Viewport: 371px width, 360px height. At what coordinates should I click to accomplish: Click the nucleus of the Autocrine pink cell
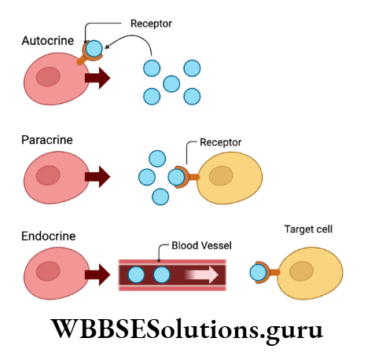(49, 77)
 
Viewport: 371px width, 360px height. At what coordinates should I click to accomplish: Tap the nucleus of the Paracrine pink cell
(50, 176)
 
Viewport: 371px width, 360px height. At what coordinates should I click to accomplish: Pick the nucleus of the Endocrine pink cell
(50, 273)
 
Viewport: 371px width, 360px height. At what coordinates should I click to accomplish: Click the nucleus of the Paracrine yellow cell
(220, 176)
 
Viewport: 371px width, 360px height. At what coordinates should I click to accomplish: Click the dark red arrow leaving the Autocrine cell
(97, 78)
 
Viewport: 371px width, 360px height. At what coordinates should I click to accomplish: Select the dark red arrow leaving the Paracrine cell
(97, 177)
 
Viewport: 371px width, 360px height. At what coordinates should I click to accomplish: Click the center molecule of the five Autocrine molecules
(171, 83)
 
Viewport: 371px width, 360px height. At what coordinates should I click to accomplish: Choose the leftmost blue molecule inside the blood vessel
(135, 275)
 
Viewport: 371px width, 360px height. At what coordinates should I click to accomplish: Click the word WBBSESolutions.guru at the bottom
(185, 329)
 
